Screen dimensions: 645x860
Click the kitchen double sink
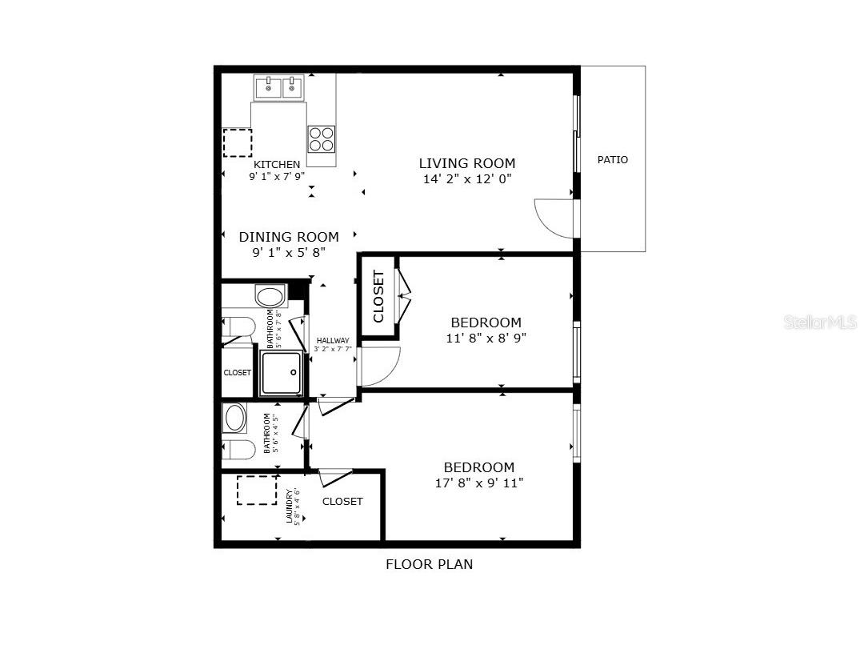[280, 86]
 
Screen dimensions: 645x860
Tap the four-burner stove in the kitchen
[321, 138]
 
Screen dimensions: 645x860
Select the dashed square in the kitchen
[237, 142]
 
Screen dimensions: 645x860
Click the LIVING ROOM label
[467, 163]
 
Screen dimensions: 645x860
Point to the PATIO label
[613, 160]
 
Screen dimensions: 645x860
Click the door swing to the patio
[555, 218]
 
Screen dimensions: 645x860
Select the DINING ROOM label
[289, 237]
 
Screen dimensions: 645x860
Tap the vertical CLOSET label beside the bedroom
[378, 296]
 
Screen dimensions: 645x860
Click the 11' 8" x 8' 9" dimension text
[486, 338]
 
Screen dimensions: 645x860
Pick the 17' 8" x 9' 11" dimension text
[479, 483]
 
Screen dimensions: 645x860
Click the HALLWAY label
[333, 341]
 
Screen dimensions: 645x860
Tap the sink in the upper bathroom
[270, 296]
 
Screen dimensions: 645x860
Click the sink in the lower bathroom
[235, 418]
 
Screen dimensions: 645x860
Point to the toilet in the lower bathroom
[238, 449]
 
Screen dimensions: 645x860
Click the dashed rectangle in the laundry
[256, 490]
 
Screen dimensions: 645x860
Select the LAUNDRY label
[290, 506]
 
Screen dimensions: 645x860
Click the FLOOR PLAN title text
[430, 564]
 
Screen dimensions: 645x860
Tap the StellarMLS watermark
[821, 322]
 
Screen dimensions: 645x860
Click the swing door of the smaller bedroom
[380, 366]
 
